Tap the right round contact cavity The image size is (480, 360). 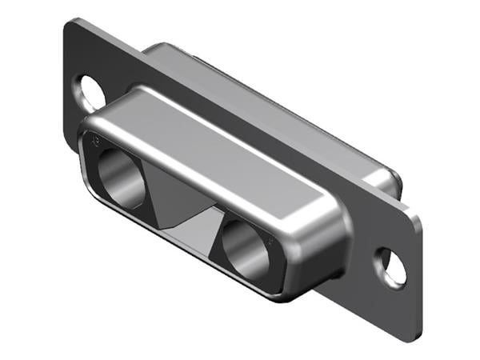pos(247,247)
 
